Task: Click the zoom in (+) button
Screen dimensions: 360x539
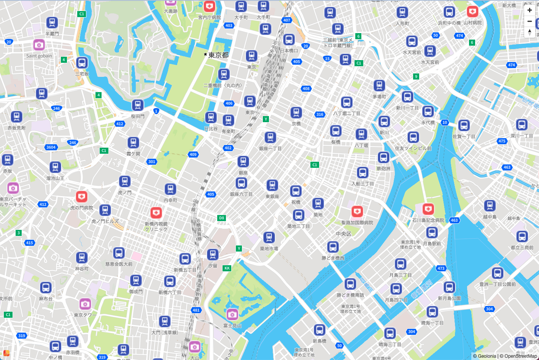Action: tap(529, 10)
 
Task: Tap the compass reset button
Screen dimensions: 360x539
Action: tap(529, 32)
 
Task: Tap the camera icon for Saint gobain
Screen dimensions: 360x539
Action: tap(39, 45)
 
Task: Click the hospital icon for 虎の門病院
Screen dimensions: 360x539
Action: tap(81, 197)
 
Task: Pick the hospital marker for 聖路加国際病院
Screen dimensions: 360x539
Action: tap(357, 211)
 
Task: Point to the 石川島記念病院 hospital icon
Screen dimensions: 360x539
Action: tap(428, 209)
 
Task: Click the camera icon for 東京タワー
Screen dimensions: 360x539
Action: tap(85, 304)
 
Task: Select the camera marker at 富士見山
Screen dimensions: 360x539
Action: tap(232, 314)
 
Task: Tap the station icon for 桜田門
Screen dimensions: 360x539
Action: tap(138, 105)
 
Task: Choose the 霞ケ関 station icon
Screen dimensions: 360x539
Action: tap(133, 143)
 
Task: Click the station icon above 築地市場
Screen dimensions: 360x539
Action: tap(269, 237)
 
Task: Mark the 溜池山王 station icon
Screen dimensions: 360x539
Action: tap(55, 167)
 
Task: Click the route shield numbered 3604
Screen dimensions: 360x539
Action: tap(51, 147)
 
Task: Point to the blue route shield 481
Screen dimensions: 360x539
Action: tap(196, 310)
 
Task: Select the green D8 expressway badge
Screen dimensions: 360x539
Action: tap(221, 218)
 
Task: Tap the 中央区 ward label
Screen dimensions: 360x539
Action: tap(343, 234)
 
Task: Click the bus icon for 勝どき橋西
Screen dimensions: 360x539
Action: tap(333, 247)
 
